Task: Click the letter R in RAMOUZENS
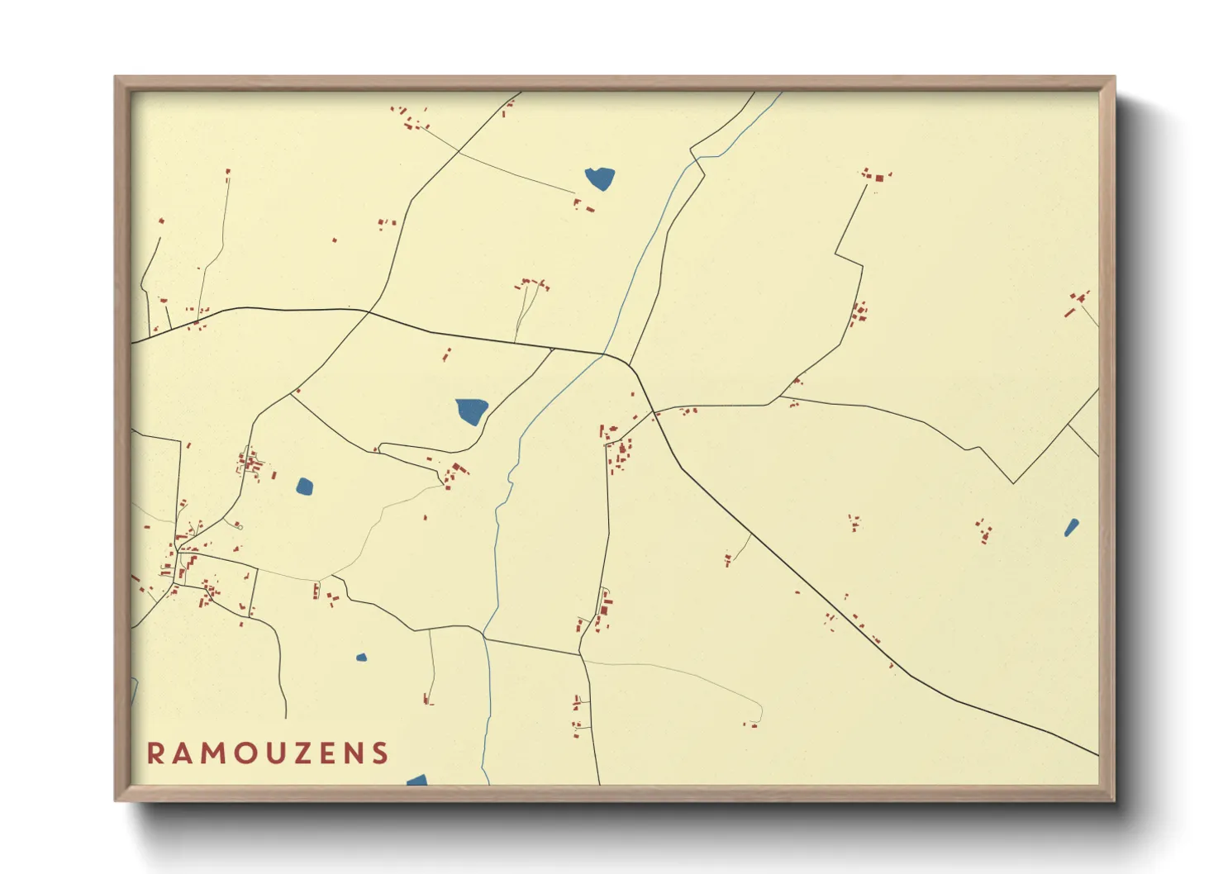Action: coord(155,753)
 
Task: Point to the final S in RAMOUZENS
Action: coord(379,753)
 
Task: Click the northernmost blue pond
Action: coord(600,178)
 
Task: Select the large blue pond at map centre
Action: coord(472,411)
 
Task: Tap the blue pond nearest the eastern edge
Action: coord(1071,527)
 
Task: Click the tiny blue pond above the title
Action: coord(361,658)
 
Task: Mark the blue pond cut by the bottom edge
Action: coord(418,781)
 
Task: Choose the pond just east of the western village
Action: coord(305,486)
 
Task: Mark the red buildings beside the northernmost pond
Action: coord(583,206)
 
